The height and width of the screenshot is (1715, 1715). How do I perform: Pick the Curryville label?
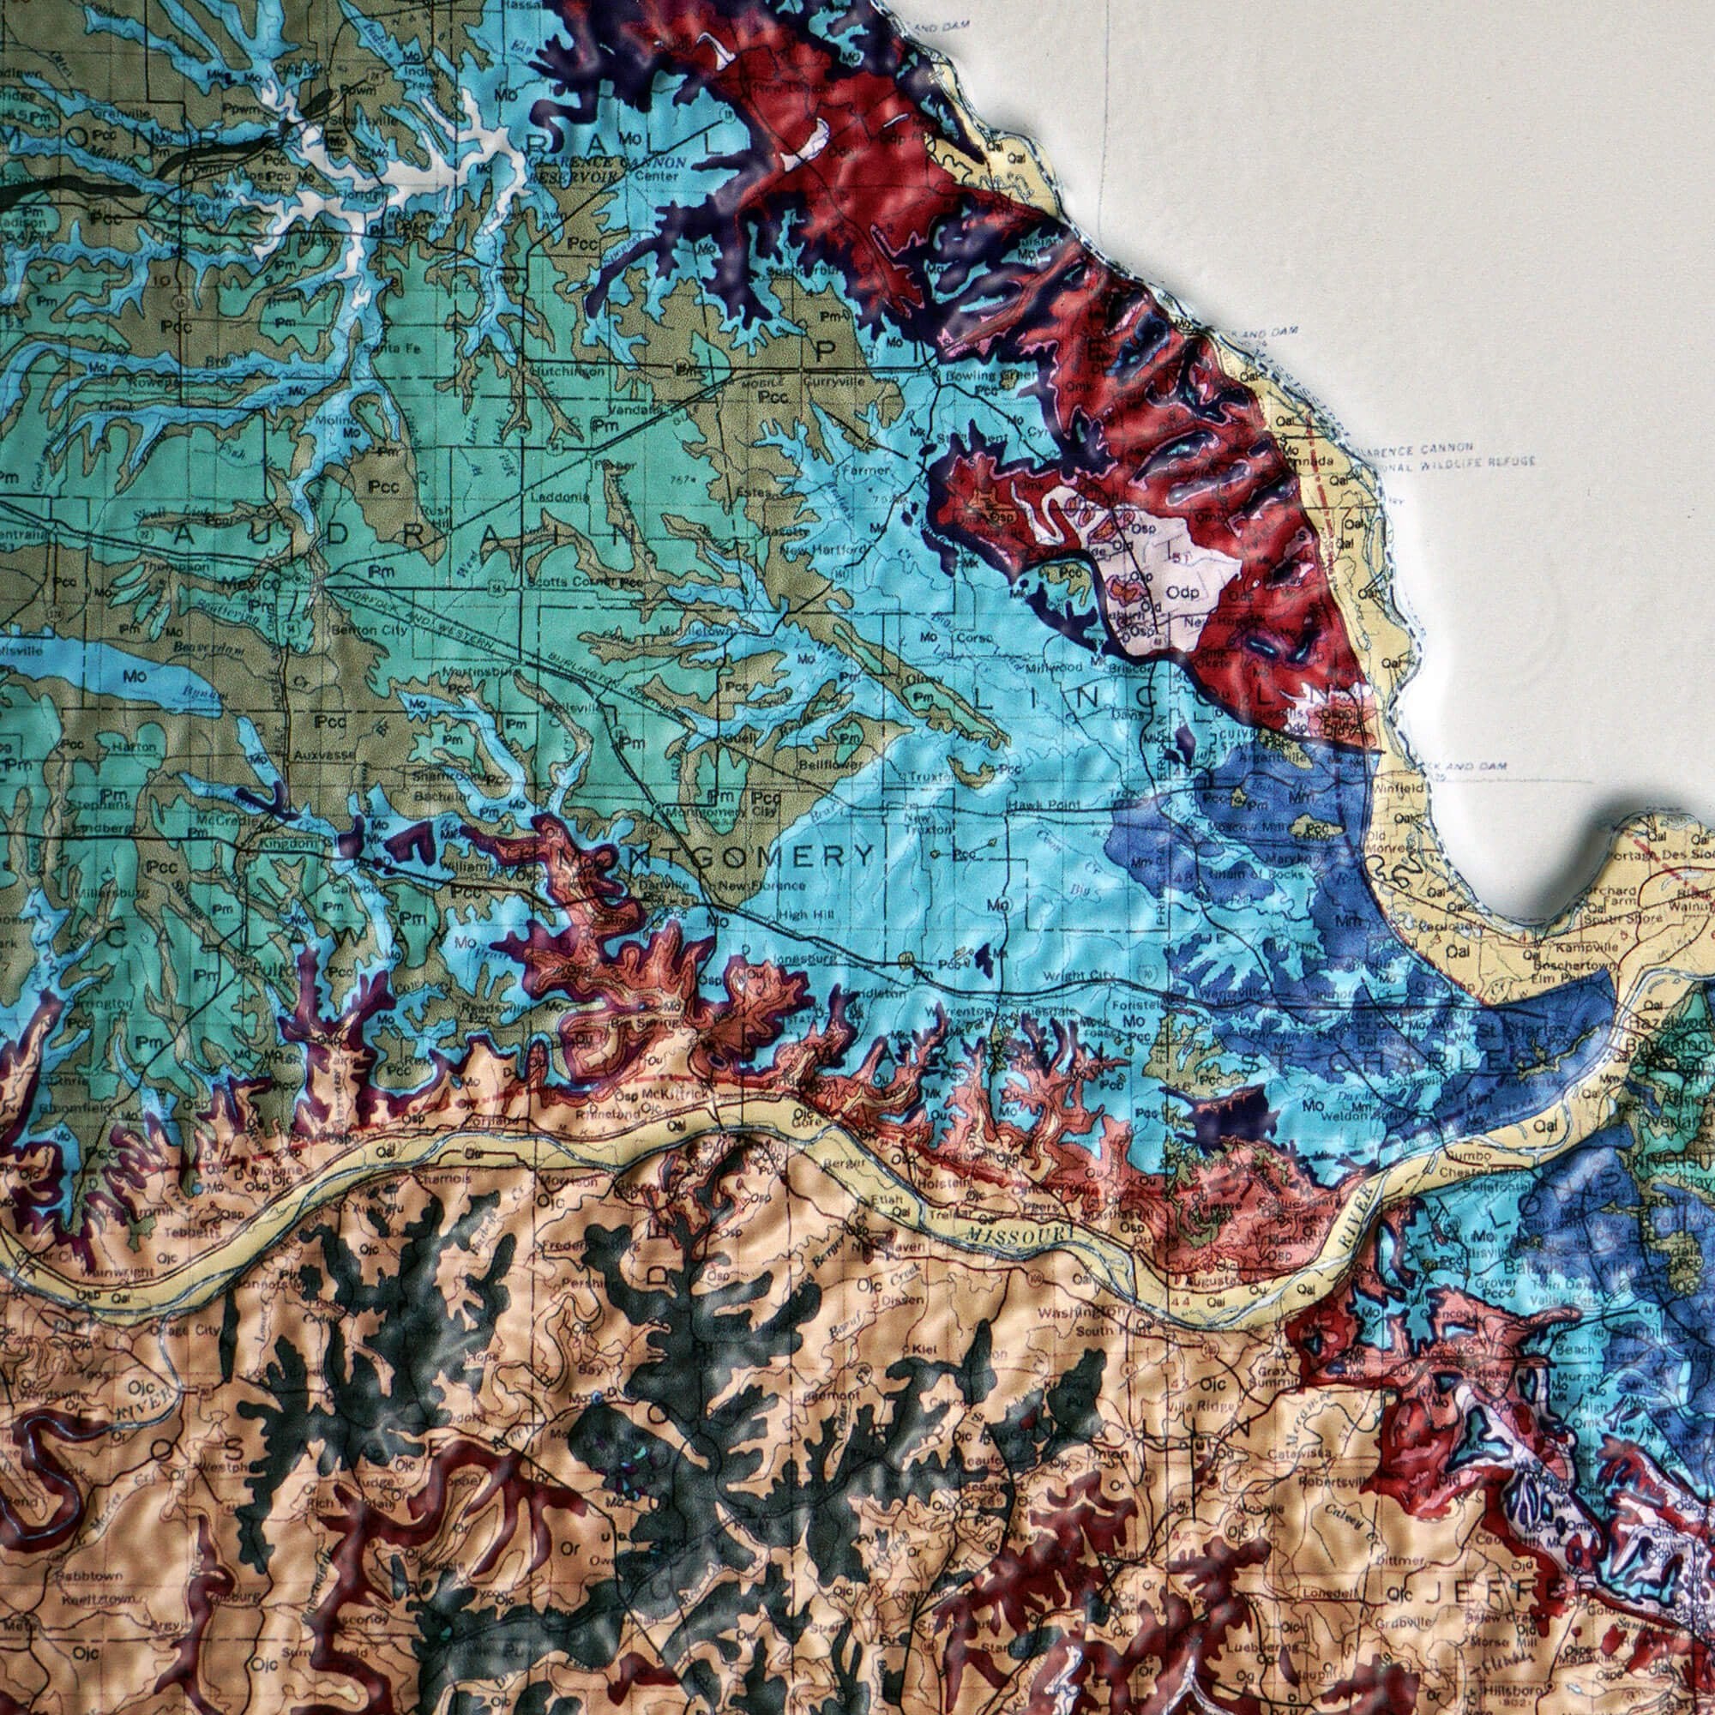(x=833, y=382)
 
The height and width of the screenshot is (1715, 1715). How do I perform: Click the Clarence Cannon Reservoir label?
(x=606, y=170)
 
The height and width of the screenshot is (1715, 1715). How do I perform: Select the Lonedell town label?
(x=1328, y=1568)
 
